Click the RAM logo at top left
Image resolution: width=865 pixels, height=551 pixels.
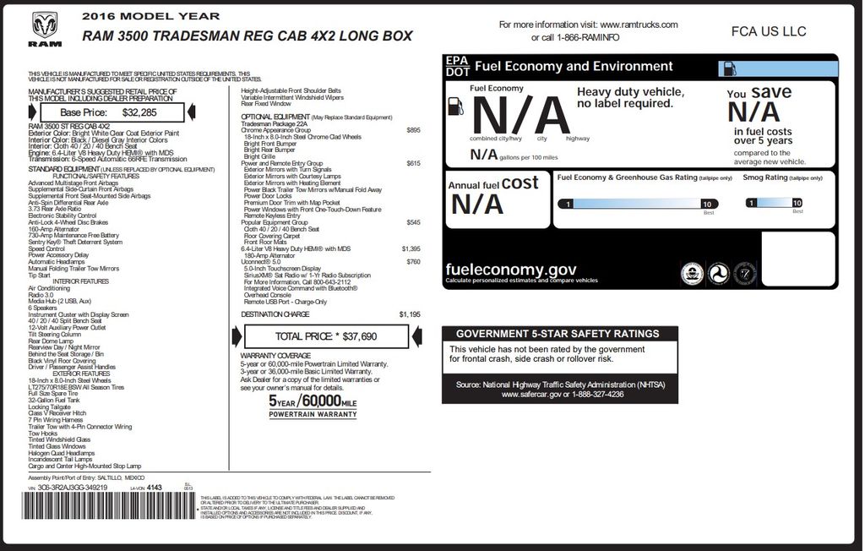tap(45, 30)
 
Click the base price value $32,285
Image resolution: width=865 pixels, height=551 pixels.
tap(139, 112)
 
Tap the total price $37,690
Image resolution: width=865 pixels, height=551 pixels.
tap(354, 336)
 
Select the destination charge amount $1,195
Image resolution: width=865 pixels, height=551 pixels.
tap(409, 314)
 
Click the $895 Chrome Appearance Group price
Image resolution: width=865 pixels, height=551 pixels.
tap(413, 130)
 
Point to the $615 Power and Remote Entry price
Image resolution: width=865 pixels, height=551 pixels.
tap(413, 163)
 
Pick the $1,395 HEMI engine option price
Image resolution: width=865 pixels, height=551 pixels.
tap(411, 248)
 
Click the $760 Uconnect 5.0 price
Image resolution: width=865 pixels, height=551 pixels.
tap(413, 262)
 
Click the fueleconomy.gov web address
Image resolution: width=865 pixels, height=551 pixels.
tap(511, 270)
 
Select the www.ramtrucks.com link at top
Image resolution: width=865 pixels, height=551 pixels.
tap(639, 25)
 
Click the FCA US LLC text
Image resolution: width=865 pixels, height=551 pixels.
tap(768, 31)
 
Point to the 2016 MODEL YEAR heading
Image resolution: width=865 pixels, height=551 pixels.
tap(151, 16)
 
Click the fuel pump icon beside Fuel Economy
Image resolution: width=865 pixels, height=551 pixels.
tap(457, 106)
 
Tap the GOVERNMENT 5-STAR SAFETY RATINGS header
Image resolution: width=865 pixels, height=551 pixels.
tap(558, 334)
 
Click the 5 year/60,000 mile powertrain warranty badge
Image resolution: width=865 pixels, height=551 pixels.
tap(313, 405)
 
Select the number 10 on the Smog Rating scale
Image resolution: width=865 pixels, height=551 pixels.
tap(797, 203)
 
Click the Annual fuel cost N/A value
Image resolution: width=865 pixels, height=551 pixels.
tap(477, 204)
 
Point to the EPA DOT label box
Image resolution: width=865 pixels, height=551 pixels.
tap(457, 66)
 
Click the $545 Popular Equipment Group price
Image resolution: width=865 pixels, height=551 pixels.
tap(413, 222)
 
